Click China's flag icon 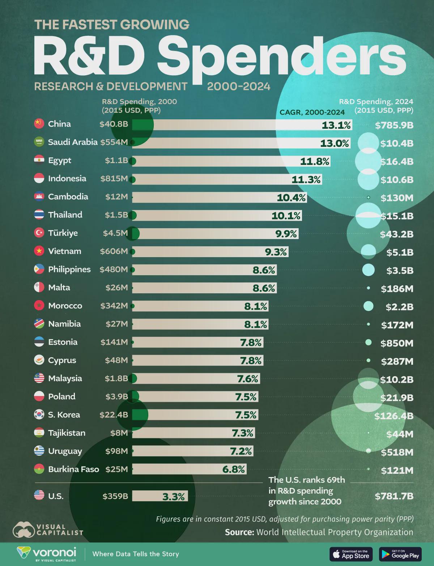click(39, 124)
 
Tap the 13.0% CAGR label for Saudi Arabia click(335, 143)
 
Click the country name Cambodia click(68, 196)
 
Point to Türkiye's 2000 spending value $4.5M click(115, 233)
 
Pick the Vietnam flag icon click(39, 251)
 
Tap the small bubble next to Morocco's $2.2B click(368, 306)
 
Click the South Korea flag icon click(39, 414)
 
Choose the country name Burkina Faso click(73, 469)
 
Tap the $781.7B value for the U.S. click(394, 496)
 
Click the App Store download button click(351, 554)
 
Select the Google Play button click(400, 554)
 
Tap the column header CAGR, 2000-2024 click(312, 112)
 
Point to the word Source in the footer click(239, 532)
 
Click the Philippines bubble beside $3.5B click(368, 270)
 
